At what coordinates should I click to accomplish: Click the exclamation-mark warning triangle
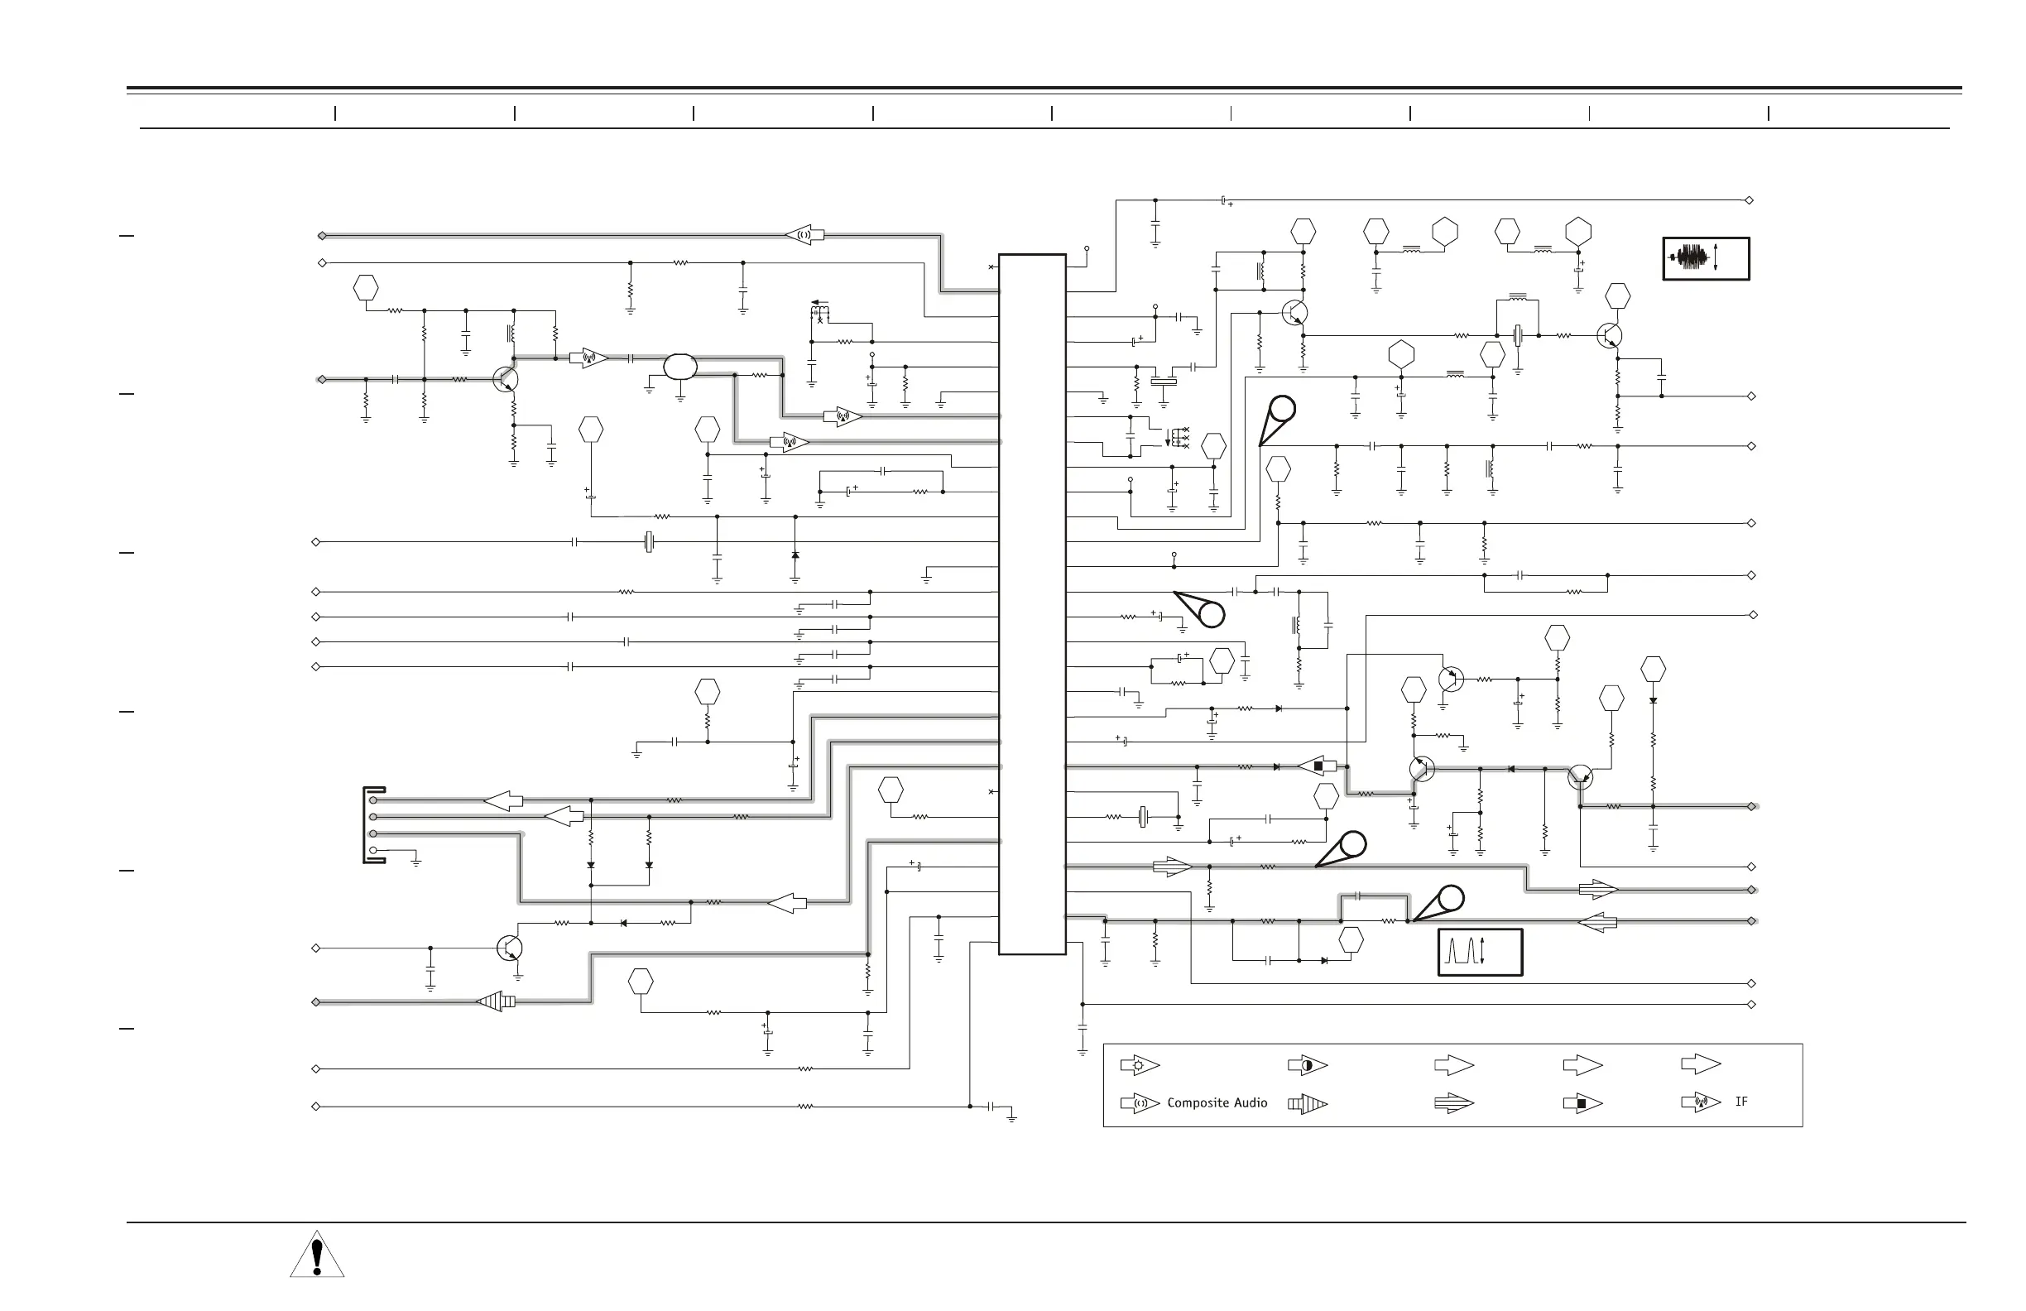pos(317,1255)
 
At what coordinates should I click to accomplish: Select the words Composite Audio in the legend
pos(1217,1102)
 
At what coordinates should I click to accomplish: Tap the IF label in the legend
pos(1740,1102)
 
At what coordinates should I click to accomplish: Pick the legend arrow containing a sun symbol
pos(1140,1065)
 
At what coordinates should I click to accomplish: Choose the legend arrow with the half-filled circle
pos(1308,1065)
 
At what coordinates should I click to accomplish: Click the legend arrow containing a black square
pos(1582,1104)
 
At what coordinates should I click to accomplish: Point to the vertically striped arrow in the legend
pos(1308,1104)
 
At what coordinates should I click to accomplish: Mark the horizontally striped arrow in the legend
pos(1454,1104)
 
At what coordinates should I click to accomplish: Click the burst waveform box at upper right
pos(1706,258)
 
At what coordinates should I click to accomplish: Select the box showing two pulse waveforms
pos(1481,952)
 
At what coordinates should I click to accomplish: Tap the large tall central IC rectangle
pos(1032,604)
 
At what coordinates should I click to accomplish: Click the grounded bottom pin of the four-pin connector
pos(373,851)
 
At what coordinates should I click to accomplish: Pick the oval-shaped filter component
pos(680,367)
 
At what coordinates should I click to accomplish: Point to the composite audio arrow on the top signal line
pos(804,235)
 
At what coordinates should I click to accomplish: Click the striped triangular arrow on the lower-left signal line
pos(496,1002)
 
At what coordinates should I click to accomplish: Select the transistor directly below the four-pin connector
pos(509,948)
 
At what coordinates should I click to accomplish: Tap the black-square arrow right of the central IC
pos(1317,766)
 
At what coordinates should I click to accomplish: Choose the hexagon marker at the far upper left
pos(365,288)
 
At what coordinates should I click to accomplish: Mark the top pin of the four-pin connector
pos(373,800)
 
